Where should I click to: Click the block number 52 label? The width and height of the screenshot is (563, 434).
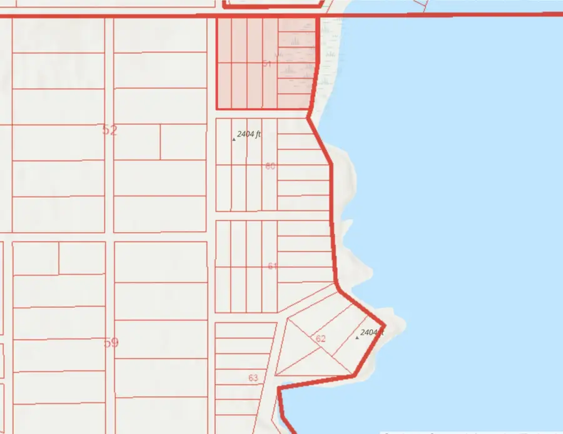109,130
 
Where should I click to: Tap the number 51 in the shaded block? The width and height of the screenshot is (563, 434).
267,64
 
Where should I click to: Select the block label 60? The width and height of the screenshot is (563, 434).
270,166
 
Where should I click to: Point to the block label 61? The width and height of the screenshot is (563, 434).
272,266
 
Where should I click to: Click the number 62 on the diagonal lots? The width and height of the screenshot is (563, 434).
321,338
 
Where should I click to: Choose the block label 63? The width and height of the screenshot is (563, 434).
253,378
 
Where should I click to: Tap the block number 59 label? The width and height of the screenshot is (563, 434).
112,343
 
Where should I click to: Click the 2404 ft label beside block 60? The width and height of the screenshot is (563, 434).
249,134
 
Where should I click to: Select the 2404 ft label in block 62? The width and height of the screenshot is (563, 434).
372,333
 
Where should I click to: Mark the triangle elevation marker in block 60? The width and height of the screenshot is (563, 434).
234,139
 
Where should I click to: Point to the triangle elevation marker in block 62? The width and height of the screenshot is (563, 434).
357,338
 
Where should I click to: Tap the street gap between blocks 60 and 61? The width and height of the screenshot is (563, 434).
273,215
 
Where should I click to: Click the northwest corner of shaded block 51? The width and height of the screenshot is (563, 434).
216,18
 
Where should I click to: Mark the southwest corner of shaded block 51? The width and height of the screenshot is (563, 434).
216,109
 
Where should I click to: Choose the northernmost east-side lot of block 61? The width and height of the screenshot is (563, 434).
304,228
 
